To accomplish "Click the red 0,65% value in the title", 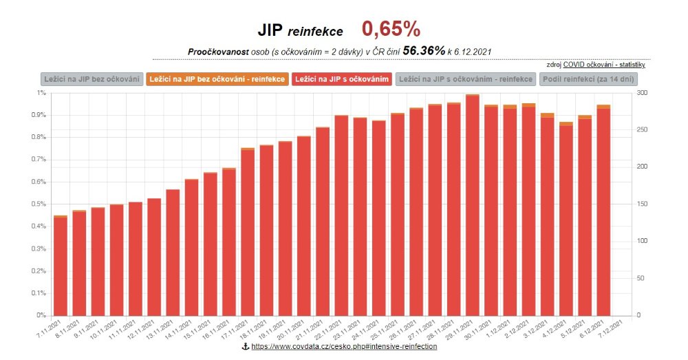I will pyautogui.click(x=391, y=29).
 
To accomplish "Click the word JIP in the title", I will pyautogui.click(x=270, y=30).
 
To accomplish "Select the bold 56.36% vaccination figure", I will pyautogui.click(x=424, y=51).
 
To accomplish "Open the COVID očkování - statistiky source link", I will pyautogui.click(x=604, y=65).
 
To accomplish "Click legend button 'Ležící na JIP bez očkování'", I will pyautogui.click(x=92, y=79).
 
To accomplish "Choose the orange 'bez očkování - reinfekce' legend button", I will pyautogui.click(x=217, y=79).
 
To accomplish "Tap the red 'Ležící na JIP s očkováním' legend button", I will pyautogui.click(x=342, y=79).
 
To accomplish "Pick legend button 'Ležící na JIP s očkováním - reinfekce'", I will pyautogui.click(x=466, y=79).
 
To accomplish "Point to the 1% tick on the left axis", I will pyautogui.click(x=42, y=93).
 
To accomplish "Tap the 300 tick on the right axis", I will pyautogui.click(x=641, y=93).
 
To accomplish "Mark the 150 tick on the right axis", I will pyautogui.click(x=641, y=204).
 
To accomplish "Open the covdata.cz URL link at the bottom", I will pyautogui.click(x=344, y=348).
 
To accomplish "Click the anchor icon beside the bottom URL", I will pyautogui.click(x=245, y=348).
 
